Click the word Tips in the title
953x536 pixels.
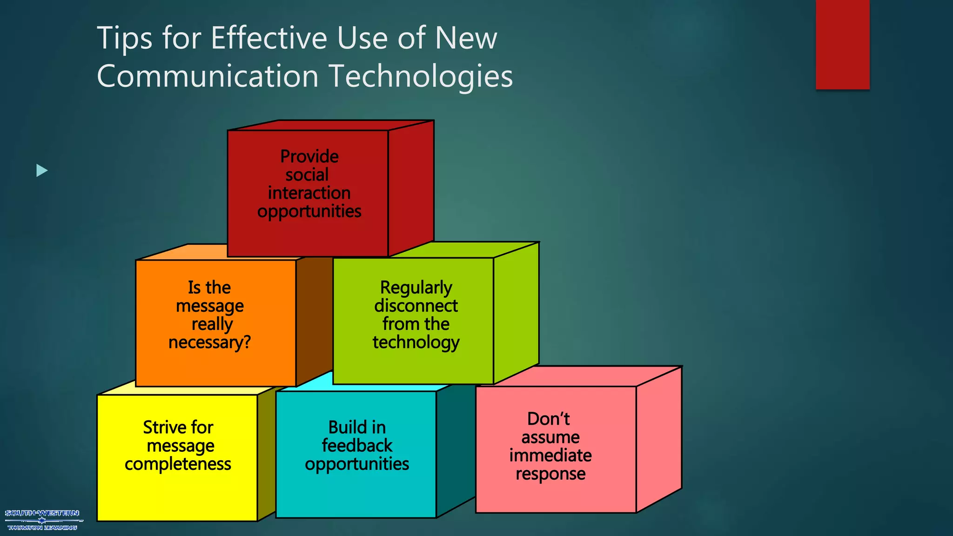[124, 38]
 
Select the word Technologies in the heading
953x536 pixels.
[421, 76]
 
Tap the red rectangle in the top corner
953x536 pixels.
[842, 44]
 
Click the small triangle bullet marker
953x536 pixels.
[42, 171]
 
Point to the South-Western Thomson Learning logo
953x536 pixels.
[42, 520]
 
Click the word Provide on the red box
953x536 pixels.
[309, 156]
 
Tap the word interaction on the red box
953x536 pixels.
[309, 193]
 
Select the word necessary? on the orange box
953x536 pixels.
[209, 342]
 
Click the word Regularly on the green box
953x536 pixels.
[416, 288]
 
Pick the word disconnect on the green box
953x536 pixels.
[416, 306]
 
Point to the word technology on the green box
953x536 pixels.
[416, 342]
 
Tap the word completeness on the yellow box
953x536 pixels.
[178, 464]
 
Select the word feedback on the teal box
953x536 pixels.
[357, 446]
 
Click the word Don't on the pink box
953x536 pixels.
[548, 419]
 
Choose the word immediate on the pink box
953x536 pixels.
[550, 456]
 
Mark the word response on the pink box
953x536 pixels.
[550, 474]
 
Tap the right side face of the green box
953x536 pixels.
[516, 312]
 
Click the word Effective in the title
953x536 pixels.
[269, 38]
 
